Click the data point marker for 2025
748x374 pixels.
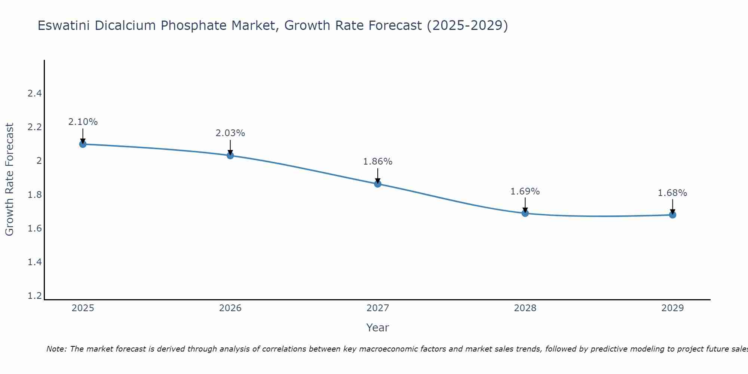tap(83, 144)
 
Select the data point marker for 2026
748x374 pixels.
tap(230, 155)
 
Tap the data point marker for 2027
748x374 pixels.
tap(378, 184)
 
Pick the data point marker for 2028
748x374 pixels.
tap(525, 213)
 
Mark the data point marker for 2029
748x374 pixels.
tap(672, 215)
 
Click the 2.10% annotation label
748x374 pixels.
tap(83, 122)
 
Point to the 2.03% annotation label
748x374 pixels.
tap(230, 133)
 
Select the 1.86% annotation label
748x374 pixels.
tap(378, 162)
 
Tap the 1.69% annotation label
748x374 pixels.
tap(525, 191)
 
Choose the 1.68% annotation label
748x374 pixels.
tap(672, 193)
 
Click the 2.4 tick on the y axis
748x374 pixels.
tap(34, 93)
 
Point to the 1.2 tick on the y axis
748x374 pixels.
tap(34, 296)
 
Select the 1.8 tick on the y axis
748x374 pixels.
tap(34, 195)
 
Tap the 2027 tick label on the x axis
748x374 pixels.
tap(378, 308)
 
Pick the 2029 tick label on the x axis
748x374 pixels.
tap(672, 308)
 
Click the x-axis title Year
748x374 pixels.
tap(378, 328)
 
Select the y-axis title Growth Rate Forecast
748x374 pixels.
tap(10, 180)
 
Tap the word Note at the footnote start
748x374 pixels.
tap(56, 349)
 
